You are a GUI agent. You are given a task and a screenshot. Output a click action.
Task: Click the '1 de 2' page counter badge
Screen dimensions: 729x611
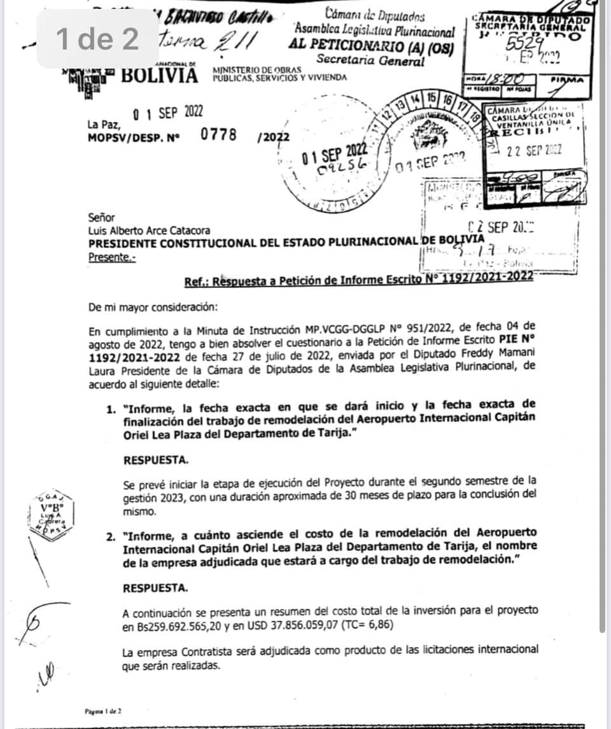tap(97, 39)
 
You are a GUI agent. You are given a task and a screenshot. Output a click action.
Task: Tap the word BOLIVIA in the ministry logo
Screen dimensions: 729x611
tap(159, 76)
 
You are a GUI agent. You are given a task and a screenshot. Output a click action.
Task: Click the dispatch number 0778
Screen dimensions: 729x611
tap(218, 134)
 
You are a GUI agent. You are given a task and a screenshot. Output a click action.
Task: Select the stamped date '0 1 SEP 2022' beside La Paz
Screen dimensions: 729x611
tap(168, 114)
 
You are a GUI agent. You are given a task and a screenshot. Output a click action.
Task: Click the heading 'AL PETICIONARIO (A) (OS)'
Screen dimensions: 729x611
tap(372, 46)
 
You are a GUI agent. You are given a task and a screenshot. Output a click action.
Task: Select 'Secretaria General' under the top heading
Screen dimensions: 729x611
tap(372, 61)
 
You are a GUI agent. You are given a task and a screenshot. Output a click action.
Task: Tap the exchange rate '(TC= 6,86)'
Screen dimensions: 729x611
tap(367, 625)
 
